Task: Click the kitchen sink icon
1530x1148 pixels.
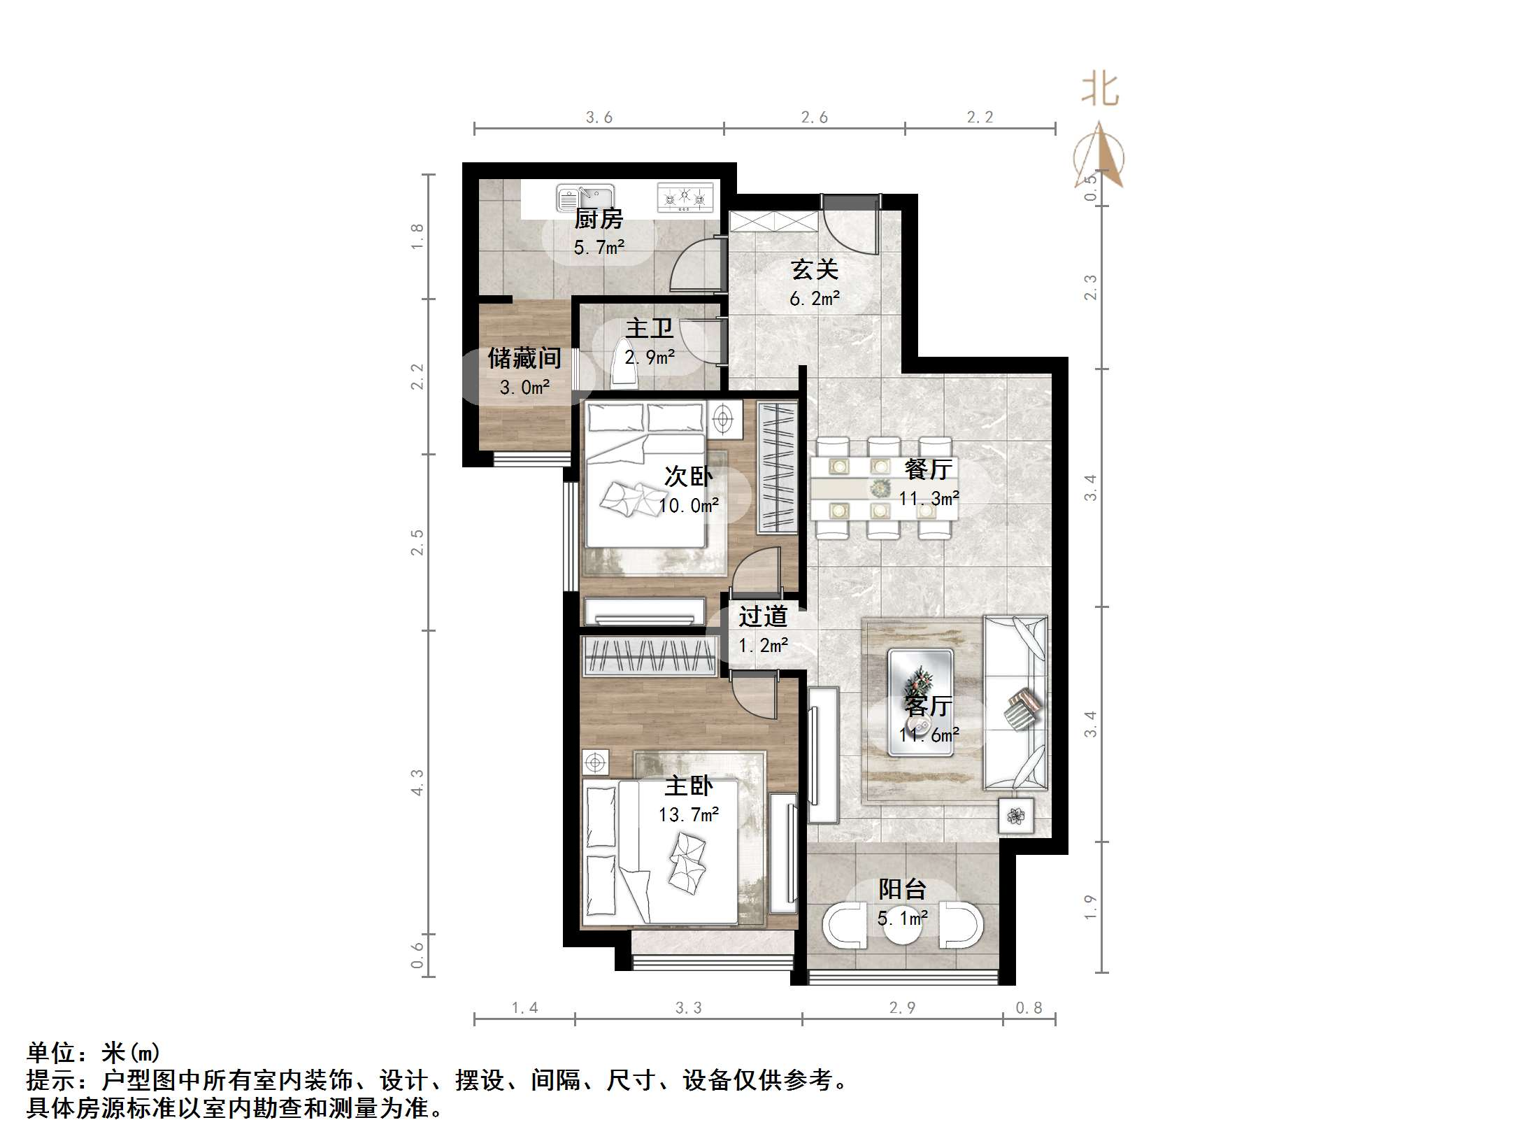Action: tap(585, 198)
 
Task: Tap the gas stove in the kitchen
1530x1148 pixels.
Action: tap(685, 197)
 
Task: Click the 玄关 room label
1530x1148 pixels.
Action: tap(814, 269)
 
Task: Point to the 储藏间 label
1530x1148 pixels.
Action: tap(524, 358)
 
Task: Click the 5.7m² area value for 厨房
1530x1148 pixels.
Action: tap(599, 247)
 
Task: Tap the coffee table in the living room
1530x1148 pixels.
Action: tap(920, 702)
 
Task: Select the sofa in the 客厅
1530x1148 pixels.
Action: tap(1015, 702)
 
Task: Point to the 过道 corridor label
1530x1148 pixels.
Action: tap(763, 616)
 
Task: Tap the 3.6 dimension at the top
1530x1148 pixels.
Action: tap(599, 118)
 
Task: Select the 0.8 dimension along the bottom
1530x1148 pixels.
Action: tap(1028, 1008)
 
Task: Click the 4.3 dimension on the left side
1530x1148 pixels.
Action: tap(417, 782)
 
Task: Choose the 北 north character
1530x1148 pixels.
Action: tap(1100, 91)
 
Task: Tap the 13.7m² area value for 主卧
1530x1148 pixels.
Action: tap(688, 815)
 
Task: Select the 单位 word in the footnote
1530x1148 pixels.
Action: tap(50, 1053)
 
